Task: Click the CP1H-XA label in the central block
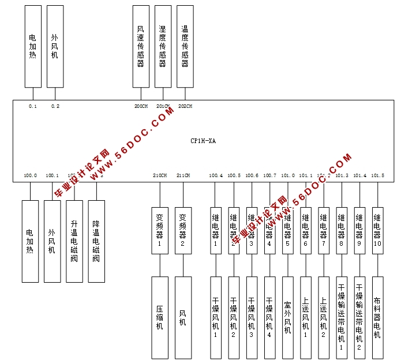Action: coord(203,141)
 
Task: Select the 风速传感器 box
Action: coord(141,47)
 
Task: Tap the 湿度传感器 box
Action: coord(163,47)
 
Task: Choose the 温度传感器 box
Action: coord(185,47)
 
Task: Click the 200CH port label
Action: coord(141,106)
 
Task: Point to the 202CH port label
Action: coord(185,106)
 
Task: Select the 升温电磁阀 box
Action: coord(74,241)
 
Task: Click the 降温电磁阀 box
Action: coord(96,241)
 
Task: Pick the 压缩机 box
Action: coord(160,317)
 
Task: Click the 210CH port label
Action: coord(160,175)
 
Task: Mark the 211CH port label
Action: coord(183,175)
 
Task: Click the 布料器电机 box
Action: coord(377,317)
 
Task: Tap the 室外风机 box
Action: coord(288,317)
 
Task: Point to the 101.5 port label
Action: coord(377,175)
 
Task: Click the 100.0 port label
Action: coord(30,175)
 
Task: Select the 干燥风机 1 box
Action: coord(216,317)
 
